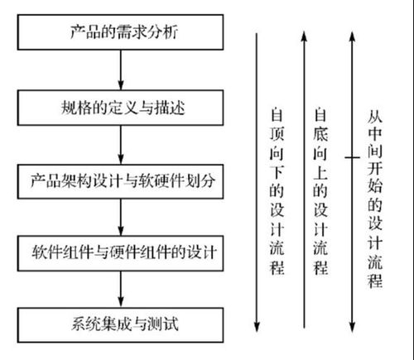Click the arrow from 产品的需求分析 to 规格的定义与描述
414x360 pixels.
tap(121, 70)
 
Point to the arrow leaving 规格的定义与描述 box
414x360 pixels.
tap(121, 145)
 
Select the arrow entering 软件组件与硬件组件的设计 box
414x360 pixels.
tap(121, 218)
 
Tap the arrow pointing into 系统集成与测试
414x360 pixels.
tap(121, 290)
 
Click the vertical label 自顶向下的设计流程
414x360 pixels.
tap(277, 191)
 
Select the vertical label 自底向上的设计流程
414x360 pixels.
tap(320, 191)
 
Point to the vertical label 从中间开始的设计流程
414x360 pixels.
tap(375, 199)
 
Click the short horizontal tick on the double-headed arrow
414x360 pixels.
tap(352, 157)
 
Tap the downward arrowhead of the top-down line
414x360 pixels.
tap(257, 326)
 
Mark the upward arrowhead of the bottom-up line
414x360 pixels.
tap(304, 36)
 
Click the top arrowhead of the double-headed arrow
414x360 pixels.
tap(352, 37)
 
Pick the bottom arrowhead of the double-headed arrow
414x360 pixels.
tap(352, 327)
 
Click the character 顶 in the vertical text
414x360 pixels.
tap(277, 134)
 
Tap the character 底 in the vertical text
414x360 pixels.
tap(320, 134)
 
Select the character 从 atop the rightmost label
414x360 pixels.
tap(375, 117)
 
